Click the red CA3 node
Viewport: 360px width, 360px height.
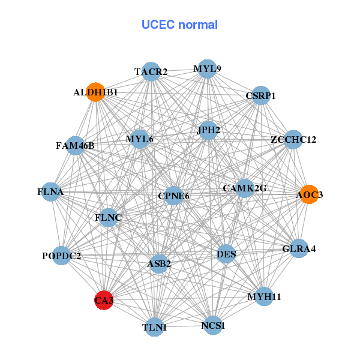(104, 299)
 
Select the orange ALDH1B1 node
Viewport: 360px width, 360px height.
(95, 92)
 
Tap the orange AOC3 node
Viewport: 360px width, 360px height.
(309, 194)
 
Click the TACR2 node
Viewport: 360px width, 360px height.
(151, 73)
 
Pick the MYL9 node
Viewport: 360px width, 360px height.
(207, 68)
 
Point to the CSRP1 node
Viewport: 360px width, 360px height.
(260, 95)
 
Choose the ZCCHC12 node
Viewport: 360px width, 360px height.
(293, 140)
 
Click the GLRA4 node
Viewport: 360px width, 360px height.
(299, 248)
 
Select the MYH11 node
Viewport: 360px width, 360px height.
(264, 296)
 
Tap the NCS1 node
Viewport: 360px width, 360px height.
(214, 326)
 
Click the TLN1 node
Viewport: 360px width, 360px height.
(155, 327)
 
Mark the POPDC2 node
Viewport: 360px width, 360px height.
(62, 256)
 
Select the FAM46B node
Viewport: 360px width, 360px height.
(75, 145)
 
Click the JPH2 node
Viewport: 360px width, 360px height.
(208, 130)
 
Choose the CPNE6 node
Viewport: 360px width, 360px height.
(173, 196)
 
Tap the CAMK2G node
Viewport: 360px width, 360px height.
(245, 188)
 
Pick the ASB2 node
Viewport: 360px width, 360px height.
(159, 263)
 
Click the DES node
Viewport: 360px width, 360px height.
(226, 254)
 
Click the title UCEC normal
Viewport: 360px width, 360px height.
(179, 25)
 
